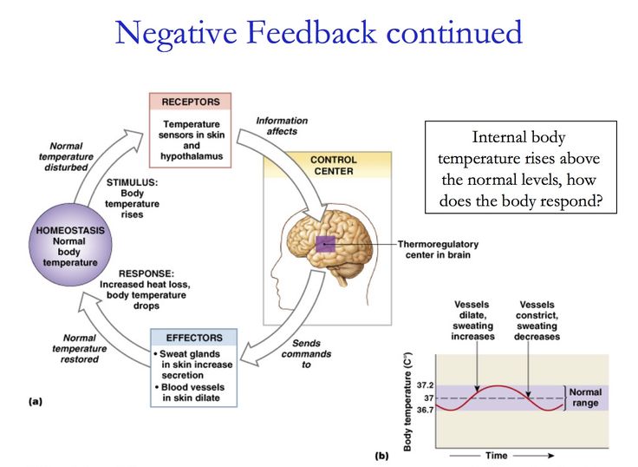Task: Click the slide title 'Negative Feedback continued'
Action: pos(319,33)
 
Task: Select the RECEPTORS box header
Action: pos(191,102)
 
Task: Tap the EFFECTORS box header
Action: pos(192,338)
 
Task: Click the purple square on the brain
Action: pos(325,246)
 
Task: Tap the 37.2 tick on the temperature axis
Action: pos(425,385)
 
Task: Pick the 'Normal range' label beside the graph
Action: pos(584,398)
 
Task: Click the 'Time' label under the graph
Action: pos(497,455)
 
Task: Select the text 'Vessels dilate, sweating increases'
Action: pos(472,320)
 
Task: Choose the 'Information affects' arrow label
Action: pos(281,126)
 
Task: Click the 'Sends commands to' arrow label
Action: pos(306,354)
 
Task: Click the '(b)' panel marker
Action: pos(381,455)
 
